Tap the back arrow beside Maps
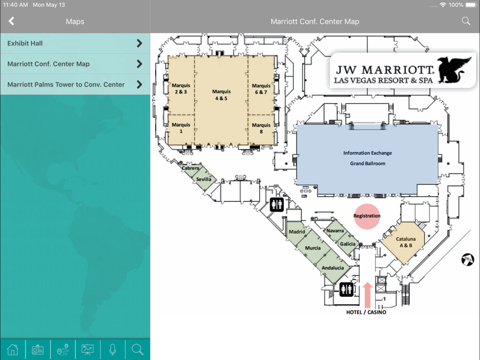[x=12, y=21]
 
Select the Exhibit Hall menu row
[x=75, y=43]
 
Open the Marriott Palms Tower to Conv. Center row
[x=75, y=84]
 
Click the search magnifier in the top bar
[x=466, y=21]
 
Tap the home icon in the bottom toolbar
[x=12, y=349]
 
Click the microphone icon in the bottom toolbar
[x=113, y=349]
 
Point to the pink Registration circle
[x=367, y=216]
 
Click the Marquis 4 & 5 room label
[x=221, y=95]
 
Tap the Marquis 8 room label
[x=261, y=128]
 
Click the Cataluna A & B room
[x=404, y=242]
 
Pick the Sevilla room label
[x=204, y=179]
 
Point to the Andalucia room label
[x=333, y=268]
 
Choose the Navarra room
[x=335, y=230]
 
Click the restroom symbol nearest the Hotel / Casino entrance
[x=347, y=289]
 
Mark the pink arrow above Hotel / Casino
[x=367, y=295]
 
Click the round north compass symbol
[x=468, y=260]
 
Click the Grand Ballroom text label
[x=368, y=164]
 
